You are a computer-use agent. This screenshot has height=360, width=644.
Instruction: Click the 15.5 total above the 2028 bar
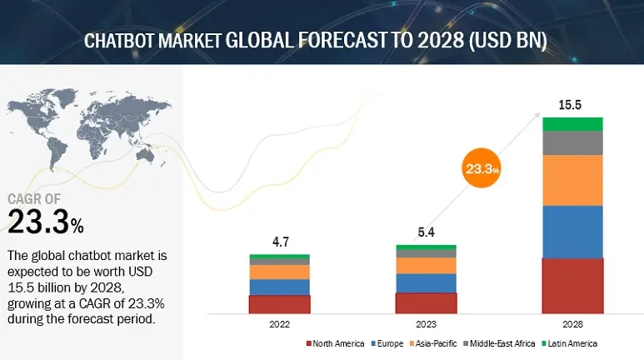click(x=572, y=107)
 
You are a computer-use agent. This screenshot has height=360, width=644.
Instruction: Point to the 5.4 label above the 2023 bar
click(x=426, y=234)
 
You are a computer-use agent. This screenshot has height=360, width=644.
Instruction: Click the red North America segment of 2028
click(x=572, y=285)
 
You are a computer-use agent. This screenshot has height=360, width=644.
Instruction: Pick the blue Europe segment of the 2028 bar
click(x=572, y=232)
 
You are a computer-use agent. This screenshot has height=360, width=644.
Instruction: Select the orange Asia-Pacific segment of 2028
click(x=572, y=180)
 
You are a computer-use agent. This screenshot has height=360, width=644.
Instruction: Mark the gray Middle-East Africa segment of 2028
click(x=572, y=142)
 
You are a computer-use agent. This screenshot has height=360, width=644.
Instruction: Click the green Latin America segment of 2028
click(x=572, y=124)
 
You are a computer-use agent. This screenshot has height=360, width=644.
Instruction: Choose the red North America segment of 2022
click(x=279, y=304)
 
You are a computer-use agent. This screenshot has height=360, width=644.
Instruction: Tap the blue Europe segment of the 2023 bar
click(x=426, y=283)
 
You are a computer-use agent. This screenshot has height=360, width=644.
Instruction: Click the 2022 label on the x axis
click(x=279, y=325)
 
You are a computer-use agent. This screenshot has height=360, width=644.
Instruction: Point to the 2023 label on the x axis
click(x=426, y=325)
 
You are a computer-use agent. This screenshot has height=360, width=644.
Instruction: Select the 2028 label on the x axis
click(x=572, y=325)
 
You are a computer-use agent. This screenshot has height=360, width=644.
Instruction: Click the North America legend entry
click(x=337, y=343)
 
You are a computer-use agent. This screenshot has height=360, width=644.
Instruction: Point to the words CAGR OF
click(x=35, y=199)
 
